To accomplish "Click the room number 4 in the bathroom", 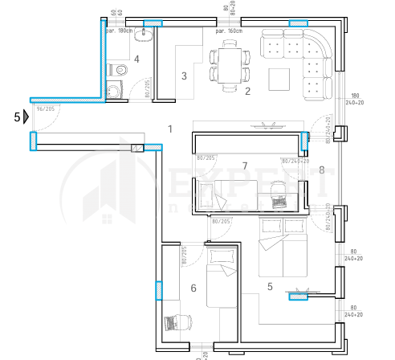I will tap(137, 59).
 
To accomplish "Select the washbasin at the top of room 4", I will tap(145, 36).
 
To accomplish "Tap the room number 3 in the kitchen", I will tap(184, 76).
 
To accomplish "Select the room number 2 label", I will tap(247, 91).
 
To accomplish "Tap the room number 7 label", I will tap(246, 166).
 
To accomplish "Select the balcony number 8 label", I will tap(321, 170).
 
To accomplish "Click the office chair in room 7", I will tap(279, 190).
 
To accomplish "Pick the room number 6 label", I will tap(193, 288).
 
